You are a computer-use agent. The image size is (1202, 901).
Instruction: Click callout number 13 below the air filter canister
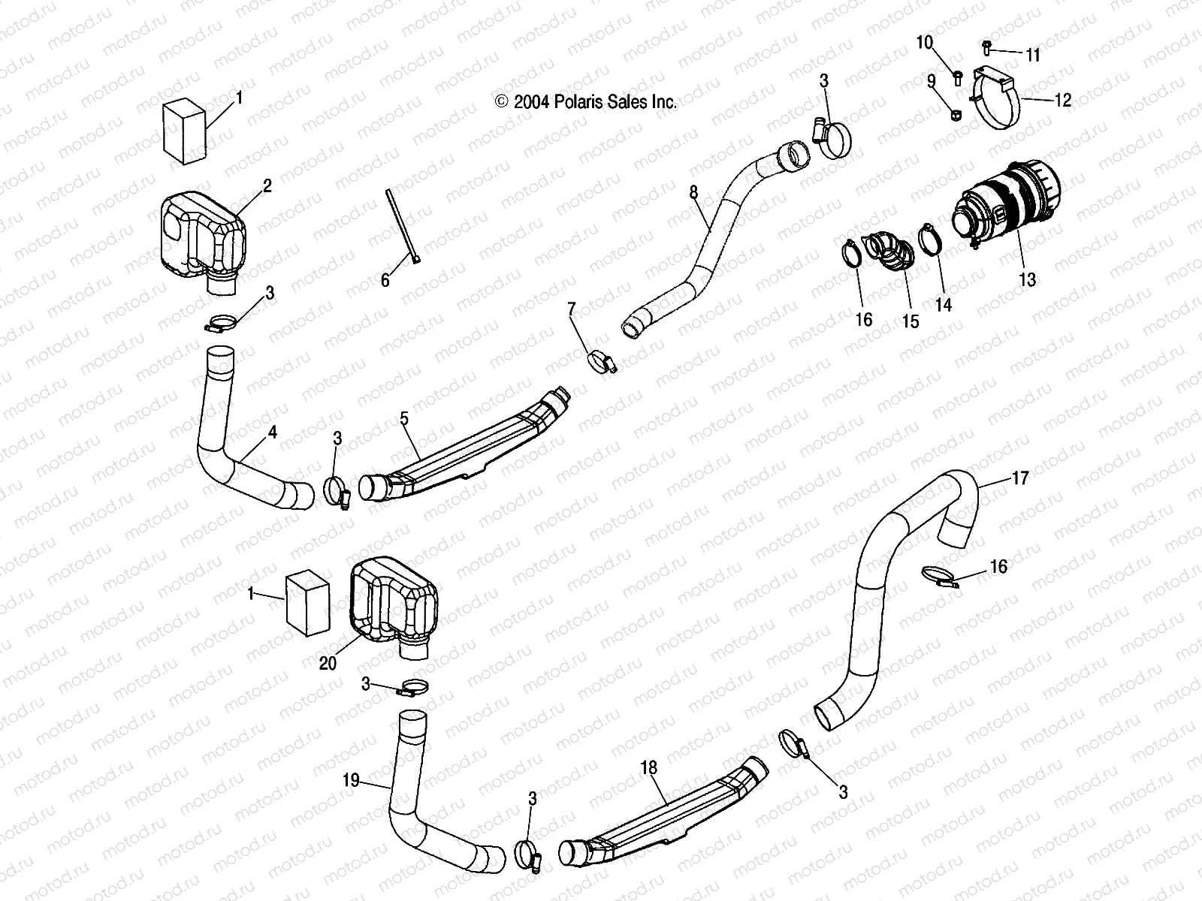(1027, 279)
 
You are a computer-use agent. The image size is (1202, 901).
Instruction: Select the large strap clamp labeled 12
(998, 101)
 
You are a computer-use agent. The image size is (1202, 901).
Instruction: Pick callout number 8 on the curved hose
(693, 193)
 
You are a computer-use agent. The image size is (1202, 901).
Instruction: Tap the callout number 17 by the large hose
(1019, 478)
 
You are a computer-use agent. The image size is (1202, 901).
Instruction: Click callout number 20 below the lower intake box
(328, 663)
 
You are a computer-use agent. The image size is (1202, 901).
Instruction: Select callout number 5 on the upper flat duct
(404, 418)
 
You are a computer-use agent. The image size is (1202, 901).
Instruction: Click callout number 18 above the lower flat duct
(649, 767)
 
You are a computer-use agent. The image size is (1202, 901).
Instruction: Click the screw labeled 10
(958, 76)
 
